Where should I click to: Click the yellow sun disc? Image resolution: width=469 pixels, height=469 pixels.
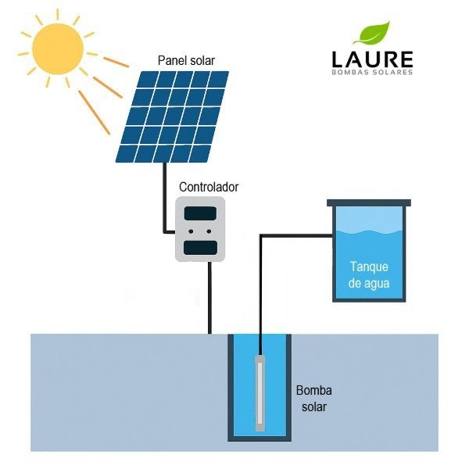[x=57, y=48]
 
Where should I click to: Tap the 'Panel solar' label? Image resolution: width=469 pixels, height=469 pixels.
[x=186, y=61]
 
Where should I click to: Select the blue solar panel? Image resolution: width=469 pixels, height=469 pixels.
[x=172, y=116]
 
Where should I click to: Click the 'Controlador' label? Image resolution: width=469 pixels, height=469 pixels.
[x=209, y=187]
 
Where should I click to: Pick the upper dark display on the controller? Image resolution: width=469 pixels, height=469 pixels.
[x=200, y=213]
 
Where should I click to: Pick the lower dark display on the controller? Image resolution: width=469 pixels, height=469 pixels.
[x=200, y=248]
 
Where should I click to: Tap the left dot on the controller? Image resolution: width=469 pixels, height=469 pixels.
[x=191, y=231]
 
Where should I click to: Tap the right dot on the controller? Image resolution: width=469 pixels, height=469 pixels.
[x=209, y=231]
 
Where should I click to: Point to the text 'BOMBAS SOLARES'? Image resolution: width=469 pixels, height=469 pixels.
[x=372, y=72]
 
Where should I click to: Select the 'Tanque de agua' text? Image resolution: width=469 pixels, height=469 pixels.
[x=369, y=275]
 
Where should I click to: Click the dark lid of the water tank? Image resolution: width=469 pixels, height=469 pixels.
[x=369, y=202]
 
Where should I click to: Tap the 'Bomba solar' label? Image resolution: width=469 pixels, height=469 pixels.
[x=313, y=399]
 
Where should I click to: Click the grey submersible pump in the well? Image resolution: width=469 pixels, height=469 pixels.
[x=260, y=393]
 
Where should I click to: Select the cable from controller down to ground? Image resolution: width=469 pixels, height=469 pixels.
[x=209, y=298]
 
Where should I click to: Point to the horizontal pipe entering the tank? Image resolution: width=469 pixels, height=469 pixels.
[x=297, y=236]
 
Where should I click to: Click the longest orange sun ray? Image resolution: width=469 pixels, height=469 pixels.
[x=94, y=112]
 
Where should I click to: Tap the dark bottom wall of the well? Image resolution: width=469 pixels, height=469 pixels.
[x=260, y=439]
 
